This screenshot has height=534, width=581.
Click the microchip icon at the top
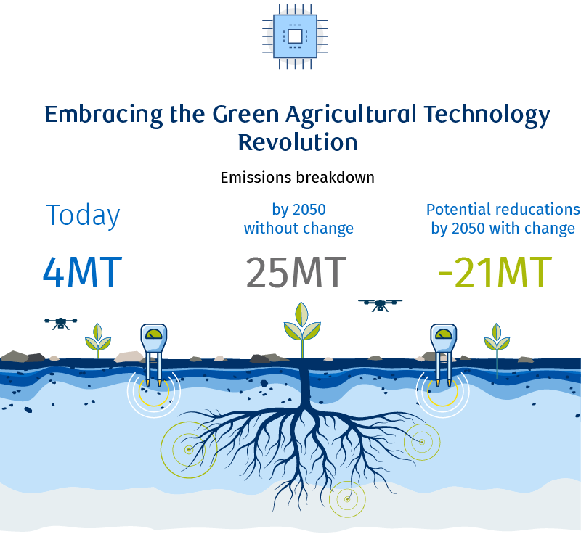click(x=295, y=36)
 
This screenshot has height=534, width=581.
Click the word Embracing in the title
click(x=104, y=115)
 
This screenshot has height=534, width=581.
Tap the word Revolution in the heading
click(x=298, y=142)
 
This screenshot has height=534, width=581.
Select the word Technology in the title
click(x=487, y=115)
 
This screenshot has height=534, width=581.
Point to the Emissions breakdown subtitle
click(x=297, y=178)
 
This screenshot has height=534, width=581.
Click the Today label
click(x=83, y=215)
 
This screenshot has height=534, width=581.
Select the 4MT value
click(x=82, y=272)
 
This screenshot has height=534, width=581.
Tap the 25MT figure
click(x=296, y=273)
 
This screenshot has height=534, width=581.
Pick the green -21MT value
click(x=495, y=273)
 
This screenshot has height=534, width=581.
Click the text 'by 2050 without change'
click(x=298, y=219)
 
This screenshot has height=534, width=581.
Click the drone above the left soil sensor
click(x=61, y=323)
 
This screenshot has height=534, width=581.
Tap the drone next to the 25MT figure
click(x=380, y=305)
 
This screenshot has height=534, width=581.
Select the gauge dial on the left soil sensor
click(x=154, y=334)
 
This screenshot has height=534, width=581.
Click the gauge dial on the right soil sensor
click(x=444, y=334)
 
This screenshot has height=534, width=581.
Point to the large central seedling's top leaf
click(x=301, y=314)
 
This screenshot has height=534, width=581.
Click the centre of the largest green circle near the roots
click(x=189, y=450)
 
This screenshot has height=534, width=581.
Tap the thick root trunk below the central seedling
click(x=305, y=385)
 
